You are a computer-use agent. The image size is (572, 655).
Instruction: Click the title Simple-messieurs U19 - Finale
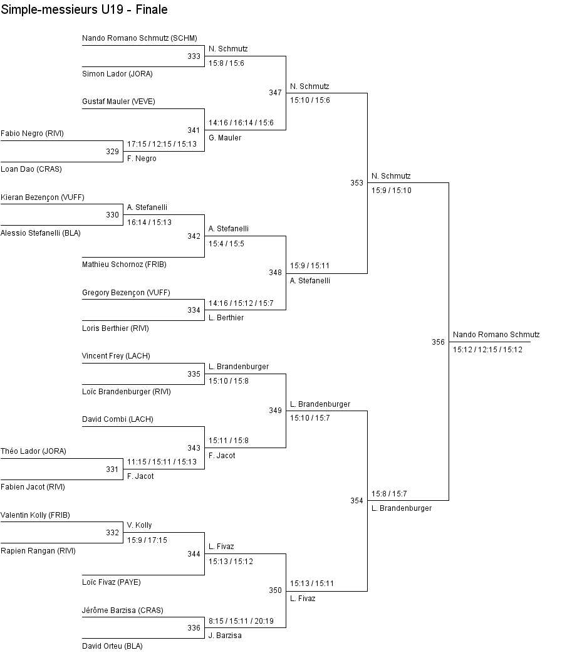coord(84,10)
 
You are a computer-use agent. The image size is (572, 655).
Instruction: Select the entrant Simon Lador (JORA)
coord(117,74)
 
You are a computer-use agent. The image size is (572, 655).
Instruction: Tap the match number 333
coord(194,56)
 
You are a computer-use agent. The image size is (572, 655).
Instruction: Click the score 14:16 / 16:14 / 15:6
coord(241,123)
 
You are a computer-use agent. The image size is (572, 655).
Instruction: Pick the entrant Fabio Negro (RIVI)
coord(32,134)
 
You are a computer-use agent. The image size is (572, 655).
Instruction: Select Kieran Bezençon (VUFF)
coord(43,197)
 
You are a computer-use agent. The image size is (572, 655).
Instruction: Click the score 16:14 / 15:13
coord(149,222)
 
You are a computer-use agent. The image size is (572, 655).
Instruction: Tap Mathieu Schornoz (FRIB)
coord(124,265)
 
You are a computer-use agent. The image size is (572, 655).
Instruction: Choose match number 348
coord(276,273)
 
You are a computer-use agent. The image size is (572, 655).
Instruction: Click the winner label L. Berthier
coord(226,318)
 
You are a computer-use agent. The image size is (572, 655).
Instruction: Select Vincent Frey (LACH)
coord(116,356)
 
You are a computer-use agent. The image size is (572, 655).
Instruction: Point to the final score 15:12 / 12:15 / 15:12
coord(487,350)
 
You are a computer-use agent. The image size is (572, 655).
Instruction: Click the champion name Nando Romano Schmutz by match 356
coord(496,335)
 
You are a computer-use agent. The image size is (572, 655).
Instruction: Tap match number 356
coord(439,342)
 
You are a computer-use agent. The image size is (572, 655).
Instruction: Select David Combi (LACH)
coord(117,419)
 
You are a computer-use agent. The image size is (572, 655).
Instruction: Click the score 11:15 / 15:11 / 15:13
coord(162,462)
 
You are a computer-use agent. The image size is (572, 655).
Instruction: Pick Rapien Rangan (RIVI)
coord(38,552)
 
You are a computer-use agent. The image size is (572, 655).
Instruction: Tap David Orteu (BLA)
coord(112,646)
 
